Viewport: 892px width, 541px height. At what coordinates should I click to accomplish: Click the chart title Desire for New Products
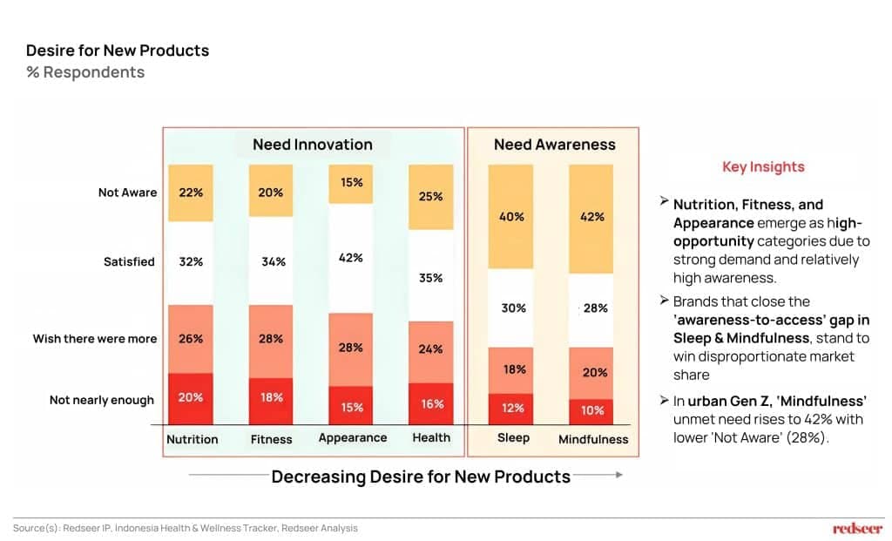[x=118, y=51]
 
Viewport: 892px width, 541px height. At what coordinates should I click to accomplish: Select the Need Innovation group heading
[x=312, y=145]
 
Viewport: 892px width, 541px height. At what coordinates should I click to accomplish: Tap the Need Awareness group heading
[x=554, y=145]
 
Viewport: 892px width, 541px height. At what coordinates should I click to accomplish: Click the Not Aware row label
[x=127, y=193]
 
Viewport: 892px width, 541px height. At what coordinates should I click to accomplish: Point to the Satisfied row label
[x=129, y=261]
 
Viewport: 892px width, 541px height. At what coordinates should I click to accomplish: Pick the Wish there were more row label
[x=95, y=338]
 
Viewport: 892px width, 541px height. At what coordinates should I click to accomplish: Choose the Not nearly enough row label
[x=101, y=400]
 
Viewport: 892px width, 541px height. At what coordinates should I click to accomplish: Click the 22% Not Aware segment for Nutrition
[x=191, y=193]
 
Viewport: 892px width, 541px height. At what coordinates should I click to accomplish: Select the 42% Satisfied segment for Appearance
[x=351, y=258]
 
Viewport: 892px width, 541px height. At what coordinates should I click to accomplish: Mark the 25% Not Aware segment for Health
[x=431, y=197]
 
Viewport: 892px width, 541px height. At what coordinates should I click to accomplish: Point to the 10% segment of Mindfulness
[x=592, y=410]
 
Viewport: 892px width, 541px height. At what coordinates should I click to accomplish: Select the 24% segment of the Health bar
[x=431, y=349]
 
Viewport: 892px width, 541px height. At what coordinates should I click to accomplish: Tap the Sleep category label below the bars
[x=513, y=437]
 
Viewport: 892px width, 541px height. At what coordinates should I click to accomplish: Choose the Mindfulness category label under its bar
[x=593, y=439]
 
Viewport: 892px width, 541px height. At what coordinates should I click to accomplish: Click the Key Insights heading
[x=763, y=167]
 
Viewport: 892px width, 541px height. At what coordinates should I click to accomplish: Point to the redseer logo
[x=857, y=528]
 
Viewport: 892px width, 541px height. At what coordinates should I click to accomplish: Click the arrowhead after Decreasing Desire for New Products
[x=618, y=476]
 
